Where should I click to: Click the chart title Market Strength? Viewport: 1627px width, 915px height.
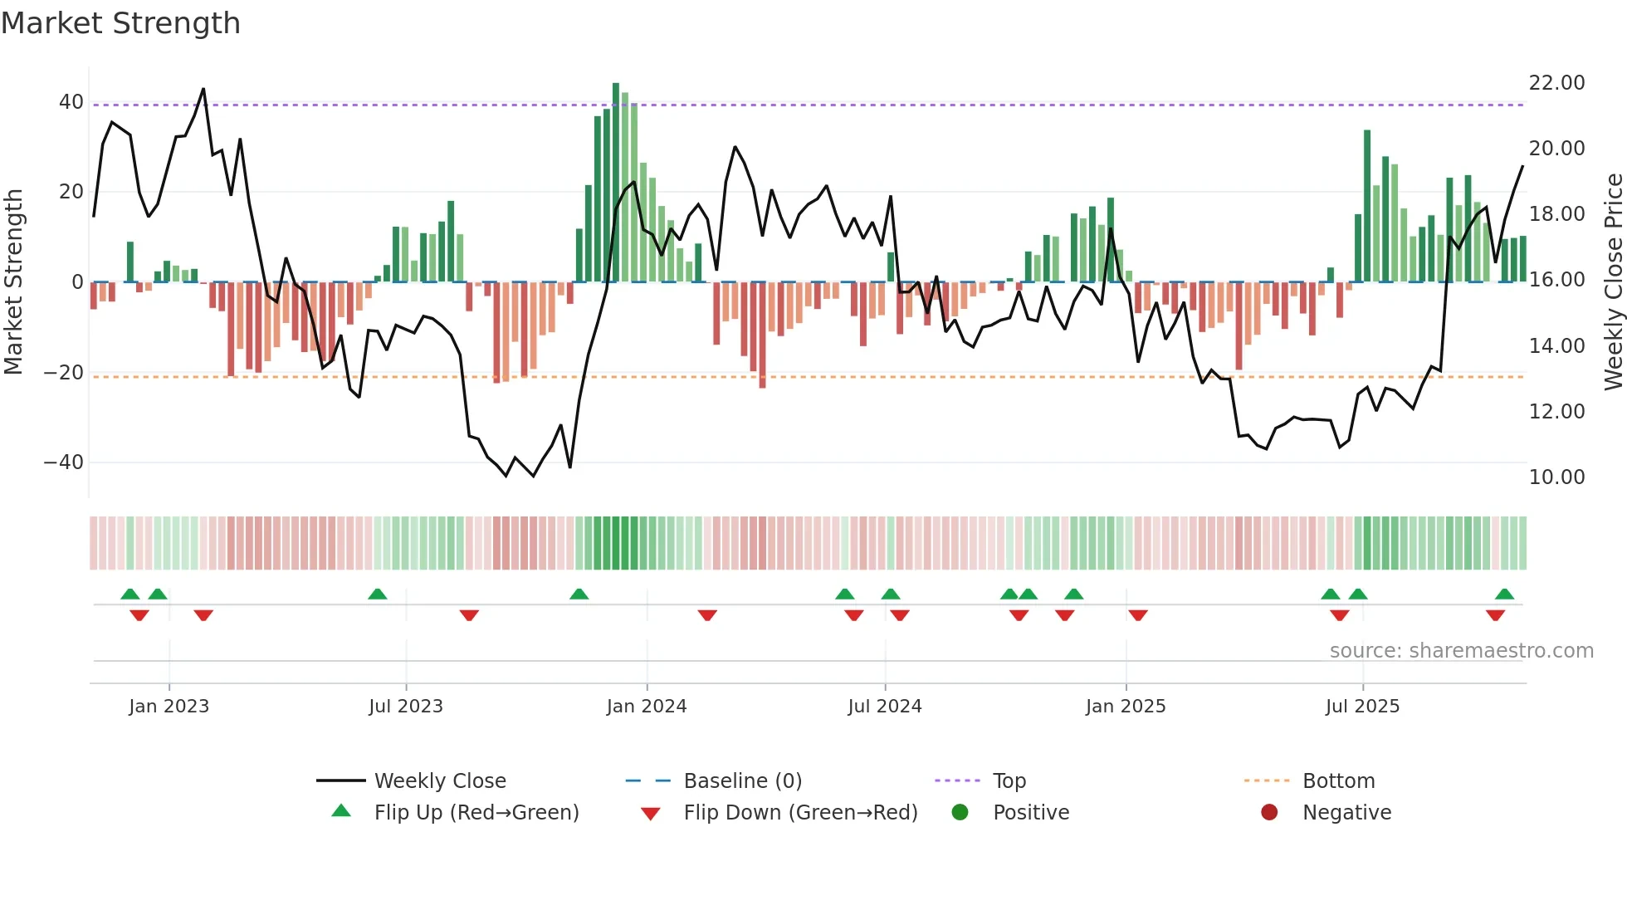(120, 23)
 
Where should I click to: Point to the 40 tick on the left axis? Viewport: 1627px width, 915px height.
(71, 102)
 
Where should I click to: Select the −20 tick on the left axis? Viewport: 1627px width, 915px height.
(64, 372)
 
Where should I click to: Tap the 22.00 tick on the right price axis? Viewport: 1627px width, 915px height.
(1556, 83)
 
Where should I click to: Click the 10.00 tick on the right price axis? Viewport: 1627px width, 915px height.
(1556, 477)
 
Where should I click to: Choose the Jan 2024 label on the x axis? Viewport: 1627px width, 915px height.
(647, 707)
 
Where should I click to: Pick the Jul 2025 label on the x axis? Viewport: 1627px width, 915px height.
(1362, 707)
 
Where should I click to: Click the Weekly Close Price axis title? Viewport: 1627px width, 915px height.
(1613, 282)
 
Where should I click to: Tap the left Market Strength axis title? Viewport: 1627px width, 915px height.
(14, 282)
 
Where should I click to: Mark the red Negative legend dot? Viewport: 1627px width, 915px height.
(1269, 813)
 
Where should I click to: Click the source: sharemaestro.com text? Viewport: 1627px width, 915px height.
(1461, 651)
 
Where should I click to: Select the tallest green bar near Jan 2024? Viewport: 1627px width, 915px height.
(616, 183)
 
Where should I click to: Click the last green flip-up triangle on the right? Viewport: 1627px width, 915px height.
(1504, 594)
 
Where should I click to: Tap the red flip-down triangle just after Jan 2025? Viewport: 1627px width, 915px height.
(1138, 615)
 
